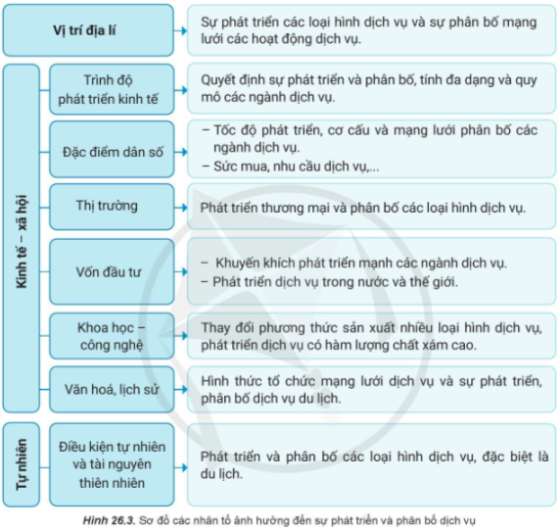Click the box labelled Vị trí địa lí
click(88, 30)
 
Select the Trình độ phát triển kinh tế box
click(112, 89)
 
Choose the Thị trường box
click(112, 207)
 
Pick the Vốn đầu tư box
click(112, 272)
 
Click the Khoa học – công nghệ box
click(112, 336)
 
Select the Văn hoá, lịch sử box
click(112, 389)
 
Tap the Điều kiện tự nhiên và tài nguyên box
click(112, 464)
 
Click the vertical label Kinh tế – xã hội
click(22, 242)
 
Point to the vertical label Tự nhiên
click(22, 464)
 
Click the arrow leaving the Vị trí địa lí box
click(181, 30)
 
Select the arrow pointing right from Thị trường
click(181, 208)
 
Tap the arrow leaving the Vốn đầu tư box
click(181, 272)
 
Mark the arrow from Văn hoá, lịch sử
click(181, 389)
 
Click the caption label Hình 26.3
click(109, 520)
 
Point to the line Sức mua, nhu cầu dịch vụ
click(291, 167)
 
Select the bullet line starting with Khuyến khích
click(354, 263)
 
